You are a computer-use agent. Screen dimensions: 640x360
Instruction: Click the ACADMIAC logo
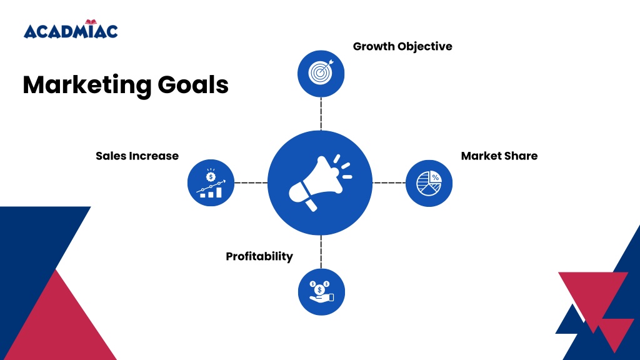[x=71, y=29]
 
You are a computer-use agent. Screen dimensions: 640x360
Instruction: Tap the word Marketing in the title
[x=87, y=85]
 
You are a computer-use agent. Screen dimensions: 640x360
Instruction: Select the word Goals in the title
[x=193, y=84]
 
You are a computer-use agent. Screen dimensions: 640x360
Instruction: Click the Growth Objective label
[x=402, y=46]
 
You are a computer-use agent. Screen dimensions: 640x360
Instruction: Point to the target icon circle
[x=321, y=74]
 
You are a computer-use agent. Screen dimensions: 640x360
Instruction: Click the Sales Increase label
[x=137, y=156]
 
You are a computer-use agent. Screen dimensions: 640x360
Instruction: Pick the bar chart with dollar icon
[x=211, y=183]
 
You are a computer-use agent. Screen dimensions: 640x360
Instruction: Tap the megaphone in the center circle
[x=320, y=182]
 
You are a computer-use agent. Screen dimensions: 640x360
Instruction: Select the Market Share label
[x=499, y=156]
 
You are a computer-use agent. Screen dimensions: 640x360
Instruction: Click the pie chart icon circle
[x=429, y=183]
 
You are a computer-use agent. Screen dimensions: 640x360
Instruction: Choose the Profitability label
[x=259, y=256]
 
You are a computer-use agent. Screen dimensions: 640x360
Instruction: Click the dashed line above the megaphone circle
[x=321, y=114]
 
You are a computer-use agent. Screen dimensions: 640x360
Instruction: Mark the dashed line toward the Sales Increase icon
[x=251, y=183]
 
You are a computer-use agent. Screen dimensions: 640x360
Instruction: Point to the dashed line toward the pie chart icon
[x=389, y=183]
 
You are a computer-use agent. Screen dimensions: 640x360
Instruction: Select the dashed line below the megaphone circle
[x=321, y=252]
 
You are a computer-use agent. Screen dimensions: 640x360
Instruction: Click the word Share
[x=520, y=156]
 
